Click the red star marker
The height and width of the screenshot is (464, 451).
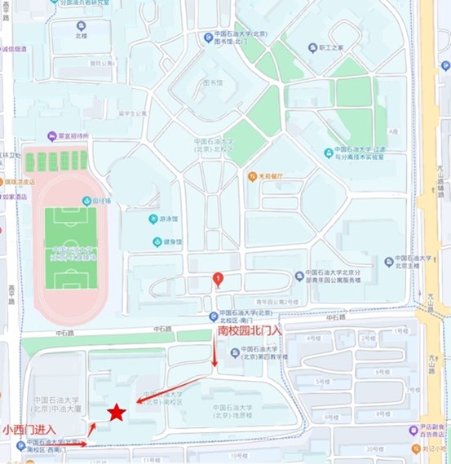click(x=117, y=413)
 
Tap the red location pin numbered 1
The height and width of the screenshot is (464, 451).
click(x=217, y=280)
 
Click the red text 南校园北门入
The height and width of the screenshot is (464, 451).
click(x=249, y=331)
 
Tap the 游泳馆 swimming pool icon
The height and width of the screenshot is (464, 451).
click(x=153, y=219)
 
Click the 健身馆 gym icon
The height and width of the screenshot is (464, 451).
click(x=157, y=241)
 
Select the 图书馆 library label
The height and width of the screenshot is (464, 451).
click(x=214, y=82)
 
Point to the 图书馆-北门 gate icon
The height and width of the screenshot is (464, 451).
click(x=207, y=37)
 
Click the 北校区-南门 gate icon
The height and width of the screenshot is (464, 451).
click(x=214, y=316)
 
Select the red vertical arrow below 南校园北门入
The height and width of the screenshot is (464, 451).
click(x=214, y=354)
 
